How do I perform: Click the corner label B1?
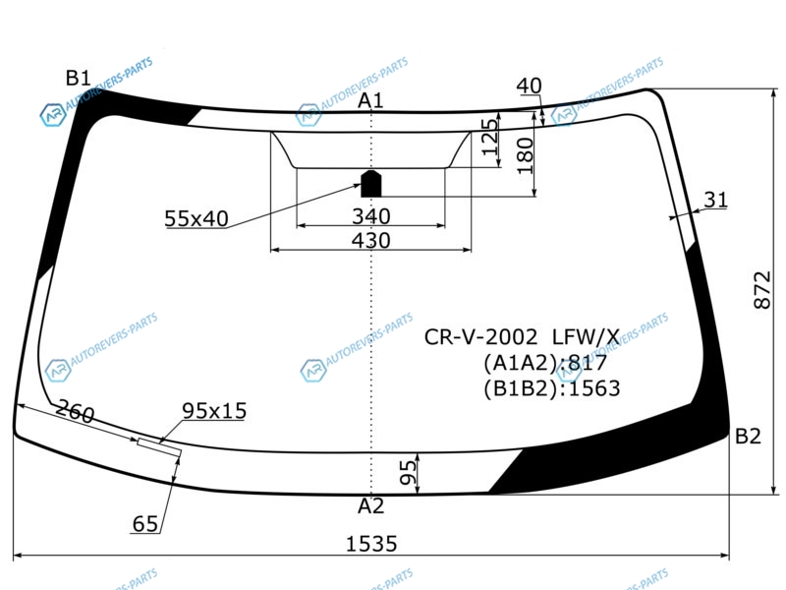tap(79, 78)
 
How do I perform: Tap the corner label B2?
tap(748, 436)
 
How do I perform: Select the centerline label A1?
tap(370, 101)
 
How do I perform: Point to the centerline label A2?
tap(371, 505)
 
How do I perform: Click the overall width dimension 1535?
tap(371, 544)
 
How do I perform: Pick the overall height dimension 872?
tap(762, 290)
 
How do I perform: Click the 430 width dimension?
tap(371, 240)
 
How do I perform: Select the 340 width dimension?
tap(371, 216)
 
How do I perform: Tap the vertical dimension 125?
tap(489, 137)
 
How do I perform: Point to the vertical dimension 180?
tap(525, 156)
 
